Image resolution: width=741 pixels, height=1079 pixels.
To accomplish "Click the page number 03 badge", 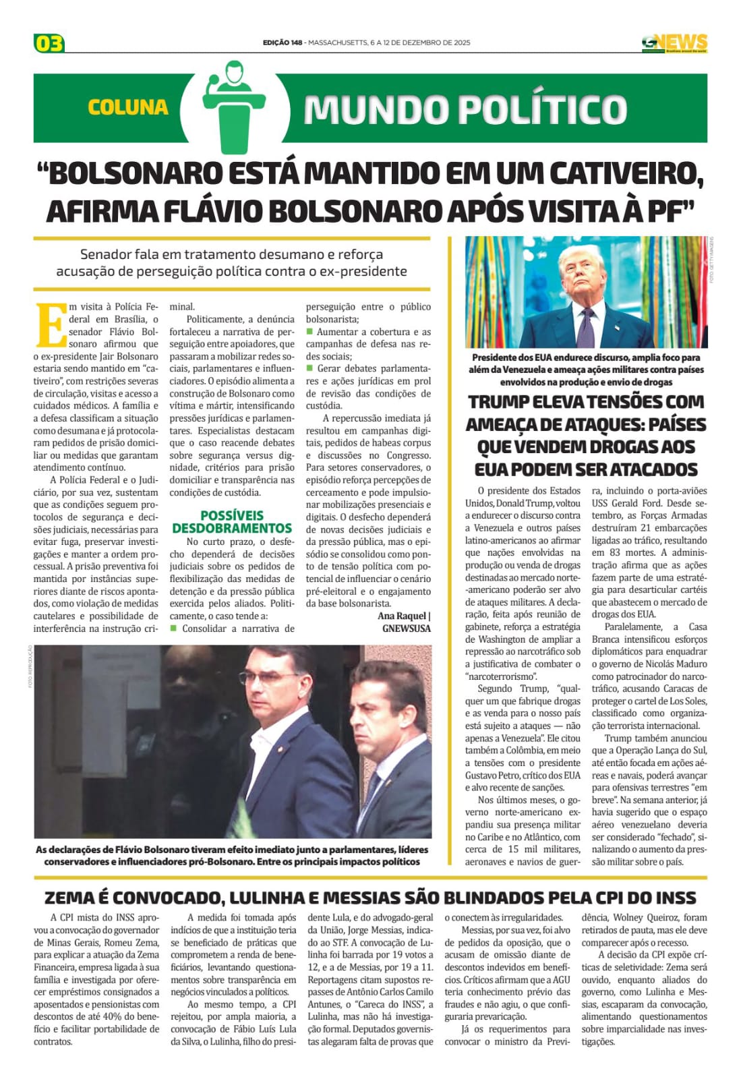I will [49, 44].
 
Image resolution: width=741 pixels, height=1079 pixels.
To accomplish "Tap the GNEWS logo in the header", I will [674, 43].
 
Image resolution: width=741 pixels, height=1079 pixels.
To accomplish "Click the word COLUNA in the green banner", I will [127, 107].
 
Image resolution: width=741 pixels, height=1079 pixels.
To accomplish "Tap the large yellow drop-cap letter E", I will [49, 325].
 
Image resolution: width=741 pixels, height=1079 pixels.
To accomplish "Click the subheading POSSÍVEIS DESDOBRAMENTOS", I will [231, 521].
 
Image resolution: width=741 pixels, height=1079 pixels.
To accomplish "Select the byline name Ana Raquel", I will [402, 616].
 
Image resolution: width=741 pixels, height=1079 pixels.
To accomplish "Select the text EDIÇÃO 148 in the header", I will [283, 42].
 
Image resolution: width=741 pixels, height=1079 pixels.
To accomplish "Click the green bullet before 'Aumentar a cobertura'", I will [310, 332].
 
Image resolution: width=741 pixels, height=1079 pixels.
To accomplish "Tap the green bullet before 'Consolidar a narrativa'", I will [173, 629].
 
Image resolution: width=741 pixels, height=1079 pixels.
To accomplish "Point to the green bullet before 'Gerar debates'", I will [310, 368].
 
